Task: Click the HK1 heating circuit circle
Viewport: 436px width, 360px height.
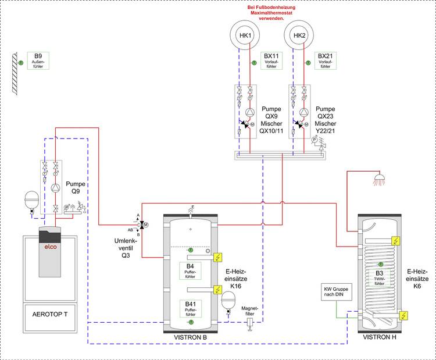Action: point(245,36)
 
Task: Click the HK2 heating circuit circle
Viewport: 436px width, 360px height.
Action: point(299,36)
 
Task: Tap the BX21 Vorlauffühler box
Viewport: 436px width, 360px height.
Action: point(326,60)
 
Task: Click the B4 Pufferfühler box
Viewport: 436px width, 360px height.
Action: point(190,272)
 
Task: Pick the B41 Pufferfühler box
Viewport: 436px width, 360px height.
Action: point(190,308)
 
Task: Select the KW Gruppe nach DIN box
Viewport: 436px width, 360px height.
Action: point(335,294)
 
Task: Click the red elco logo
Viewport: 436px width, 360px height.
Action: point(49,247)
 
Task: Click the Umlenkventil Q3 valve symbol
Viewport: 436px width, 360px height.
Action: point(142,224)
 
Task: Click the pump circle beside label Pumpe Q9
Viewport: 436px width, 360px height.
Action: point(55,188)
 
